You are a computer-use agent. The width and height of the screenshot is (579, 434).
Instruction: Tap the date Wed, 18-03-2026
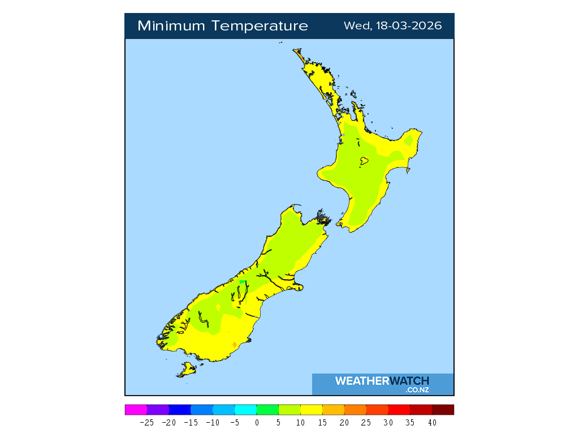(392, 26)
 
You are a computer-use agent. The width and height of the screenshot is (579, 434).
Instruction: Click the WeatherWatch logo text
(382, 381)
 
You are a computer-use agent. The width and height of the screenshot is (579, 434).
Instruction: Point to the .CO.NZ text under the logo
(417, 390)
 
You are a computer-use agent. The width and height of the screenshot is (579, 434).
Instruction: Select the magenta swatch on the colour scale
(136, 410)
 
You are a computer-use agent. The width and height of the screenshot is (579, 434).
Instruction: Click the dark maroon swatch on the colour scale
(443, 410)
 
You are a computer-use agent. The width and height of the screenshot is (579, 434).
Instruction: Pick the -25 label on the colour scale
(146, 423)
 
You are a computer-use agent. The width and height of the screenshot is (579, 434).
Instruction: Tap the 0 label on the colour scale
(257, 423)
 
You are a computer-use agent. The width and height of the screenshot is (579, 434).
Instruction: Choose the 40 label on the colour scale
(432, 423)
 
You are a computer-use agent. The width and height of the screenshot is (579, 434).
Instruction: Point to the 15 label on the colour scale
(322, 423)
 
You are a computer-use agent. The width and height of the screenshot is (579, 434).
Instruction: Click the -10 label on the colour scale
(212, 423)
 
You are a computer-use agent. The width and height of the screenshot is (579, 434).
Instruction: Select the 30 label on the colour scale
(388, 423)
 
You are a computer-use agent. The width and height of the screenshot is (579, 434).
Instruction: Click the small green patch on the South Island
(243, 281)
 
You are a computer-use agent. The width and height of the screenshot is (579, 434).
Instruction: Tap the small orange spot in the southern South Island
(234, 344)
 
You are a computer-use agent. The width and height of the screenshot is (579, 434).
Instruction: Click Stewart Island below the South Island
(186, 370)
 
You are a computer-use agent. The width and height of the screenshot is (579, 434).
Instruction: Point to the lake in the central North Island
(364, 162)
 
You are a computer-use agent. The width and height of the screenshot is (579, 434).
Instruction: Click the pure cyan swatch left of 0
(245, 410)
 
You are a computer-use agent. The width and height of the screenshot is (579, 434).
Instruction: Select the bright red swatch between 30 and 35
(399, 410)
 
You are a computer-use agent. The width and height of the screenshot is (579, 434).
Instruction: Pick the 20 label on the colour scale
(344, 423)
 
